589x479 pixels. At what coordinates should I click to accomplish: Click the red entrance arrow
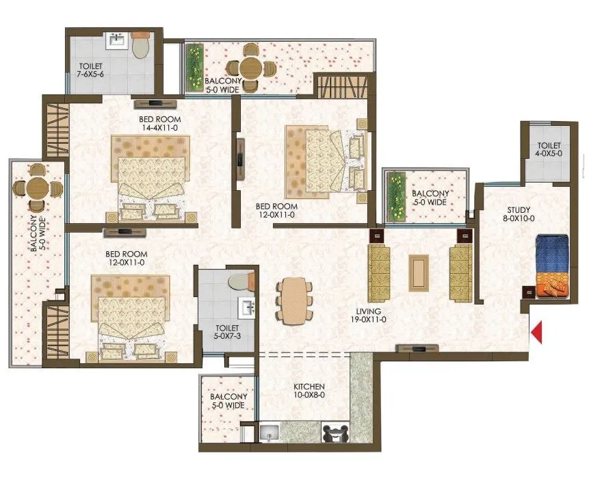tap(537, 332)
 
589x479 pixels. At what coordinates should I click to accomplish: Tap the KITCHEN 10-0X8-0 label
tap(305, 391)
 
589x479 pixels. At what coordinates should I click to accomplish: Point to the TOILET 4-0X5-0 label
tap(549, 150)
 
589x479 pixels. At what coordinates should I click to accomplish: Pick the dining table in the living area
tap(294, 299)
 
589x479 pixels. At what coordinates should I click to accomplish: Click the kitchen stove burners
tap(335, 434)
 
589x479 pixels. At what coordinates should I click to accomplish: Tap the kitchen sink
tap(270, 432)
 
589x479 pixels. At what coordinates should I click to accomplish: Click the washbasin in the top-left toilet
tap(116, 42)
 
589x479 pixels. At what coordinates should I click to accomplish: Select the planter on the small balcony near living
tap(396, 197)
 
